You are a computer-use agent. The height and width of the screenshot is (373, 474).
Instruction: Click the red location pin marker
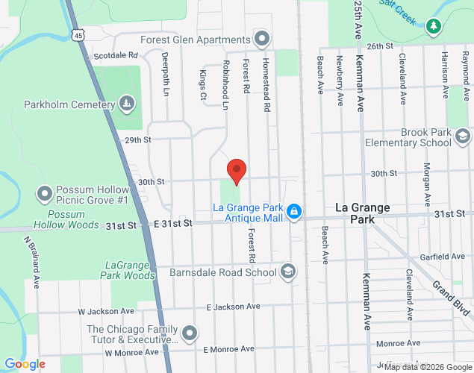pyautogui.click(x=237, y=171)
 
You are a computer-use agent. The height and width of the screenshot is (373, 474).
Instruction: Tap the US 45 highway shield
pyautogui.click(x=79, y=35)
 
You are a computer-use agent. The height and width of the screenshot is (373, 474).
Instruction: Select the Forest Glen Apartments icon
pyautogui.click(x=261, y=38)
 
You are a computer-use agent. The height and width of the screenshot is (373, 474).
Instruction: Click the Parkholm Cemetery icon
pyautogui.click(x=128, y=103)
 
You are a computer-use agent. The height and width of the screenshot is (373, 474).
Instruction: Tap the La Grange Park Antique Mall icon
pyautogui.click(x=294, y=212)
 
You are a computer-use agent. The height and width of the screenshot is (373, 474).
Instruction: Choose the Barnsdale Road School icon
pyautogui.click(x=287, y=272)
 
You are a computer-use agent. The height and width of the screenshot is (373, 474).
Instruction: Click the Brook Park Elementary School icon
pyautogui.click(x=462, y=137)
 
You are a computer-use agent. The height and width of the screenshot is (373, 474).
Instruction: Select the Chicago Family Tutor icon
pyautogui.click(x=190, y=333)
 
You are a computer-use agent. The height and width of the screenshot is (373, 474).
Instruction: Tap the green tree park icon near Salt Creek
pyautogui.click(x=434, y=27)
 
